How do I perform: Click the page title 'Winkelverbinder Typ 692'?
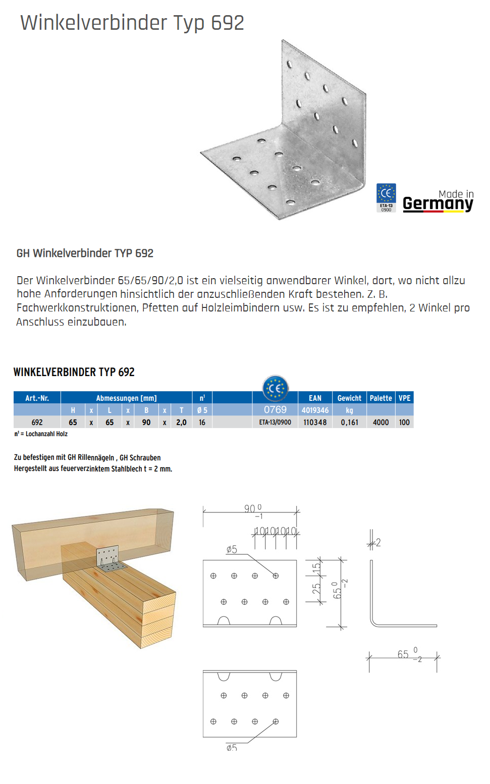click(x=132, y=23)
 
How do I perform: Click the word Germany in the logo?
click(x=438, y=203)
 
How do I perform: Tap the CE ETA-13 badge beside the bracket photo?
click(x=386, y=197)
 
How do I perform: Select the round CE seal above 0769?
click(x=275, y=388)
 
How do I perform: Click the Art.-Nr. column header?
click(x=37, y=398)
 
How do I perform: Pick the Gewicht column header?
click(x=349, y=398)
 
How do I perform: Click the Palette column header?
click(x=380, y=398)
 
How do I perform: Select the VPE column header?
click(x=404, y=398)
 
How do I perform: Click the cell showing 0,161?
click(x=349, y=422)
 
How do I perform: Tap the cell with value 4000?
click(x=380, y=422)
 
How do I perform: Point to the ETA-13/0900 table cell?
click(x=275, y=422)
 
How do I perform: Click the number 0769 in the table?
click(x=275, y=410)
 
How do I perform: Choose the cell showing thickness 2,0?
click(x=181, y=422)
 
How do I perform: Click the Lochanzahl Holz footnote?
click(x=41, y=434)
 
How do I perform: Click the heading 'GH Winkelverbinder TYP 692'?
click(x=85, y=253)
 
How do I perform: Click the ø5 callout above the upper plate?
click(x=232, y=549)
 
